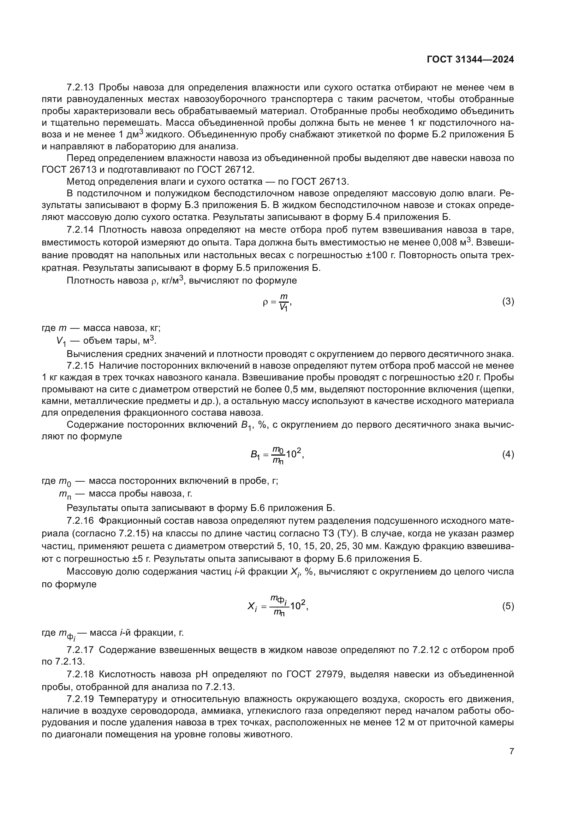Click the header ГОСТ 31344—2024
(x=470, y=60)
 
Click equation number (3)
(x=508, y=302)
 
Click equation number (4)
(x=508, y=454)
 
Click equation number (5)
(x=508, y=606)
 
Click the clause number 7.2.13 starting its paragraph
(x=80, y=88)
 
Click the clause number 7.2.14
(x=80, y=230)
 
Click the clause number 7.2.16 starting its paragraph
(x=80, y=521)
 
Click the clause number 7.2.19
(x=80, y=699)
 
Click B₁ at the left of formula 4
(x=255, y=455)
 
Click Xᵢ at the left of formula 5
(x=252, y=607)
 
